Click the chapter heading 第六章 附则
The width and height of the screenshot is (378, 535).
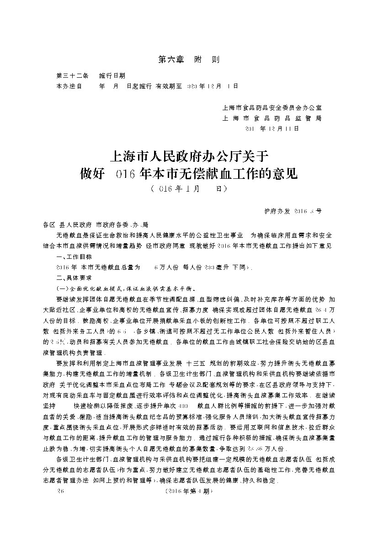click(188, 60)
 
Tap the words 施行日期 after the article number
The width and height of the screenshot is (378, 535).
click(112, 75)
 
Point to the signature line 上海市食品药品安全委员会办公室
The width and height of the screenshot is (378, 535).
click(272, 108)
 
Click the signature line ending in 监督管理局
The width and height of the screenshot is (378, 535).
click(272, 118)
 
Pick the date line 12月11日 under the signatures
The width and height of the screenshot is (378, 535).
click(272, 128)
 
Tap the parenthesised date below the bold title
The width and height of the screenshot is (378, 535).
click(188, 188)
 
